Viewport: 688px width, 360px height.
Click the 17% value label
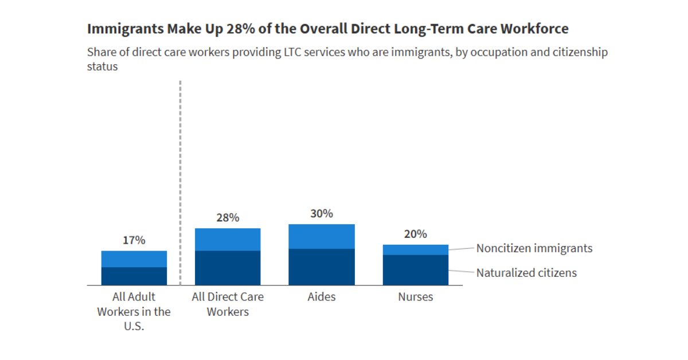click(134, 240)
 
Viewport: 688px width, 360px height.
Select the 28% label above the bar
click(228, 218)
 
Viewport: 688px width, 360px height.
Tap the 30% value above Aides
click(322, 214)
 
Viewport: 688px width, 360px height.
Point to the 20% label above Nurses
click(415, 234)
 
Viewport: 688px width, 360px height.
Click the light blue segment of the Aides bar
click(322, 236)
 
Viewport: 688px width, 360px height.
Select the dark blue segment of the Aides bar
click(322, 267)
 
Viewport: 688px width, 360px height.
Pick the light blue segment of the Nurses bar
click(415, 249)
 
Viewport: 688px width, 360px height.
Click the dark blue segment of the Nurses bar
click(415, 269)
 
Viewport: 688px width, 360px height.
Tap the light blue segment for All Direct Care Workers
click(228, 239)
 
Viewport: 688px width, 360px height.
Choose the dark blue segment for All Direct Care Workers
click(228, 268)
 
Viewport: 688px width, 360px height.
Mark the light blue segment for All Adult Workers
click(134, 259)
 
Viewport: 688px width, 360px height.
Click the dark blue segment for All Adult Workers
click(134, 276)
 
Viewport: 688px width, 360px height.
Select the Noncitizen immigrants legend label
click(534, 248)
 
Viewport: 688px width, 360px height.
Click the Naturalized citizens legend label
click(526, 273)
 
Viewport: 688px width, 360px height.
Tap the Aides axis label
click(322, 297)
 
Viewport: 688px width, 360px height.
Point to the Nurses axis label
click(415, 297)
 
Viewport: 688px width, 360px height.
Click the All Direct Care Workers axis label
click(228, 304)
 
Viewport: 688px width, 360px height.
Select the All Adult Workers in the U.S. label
click(134, 312)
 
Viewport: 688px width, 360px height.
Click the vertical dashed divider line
click(180, 172)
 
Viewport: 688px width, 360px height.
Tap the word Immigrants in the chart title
click(124, 29)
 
